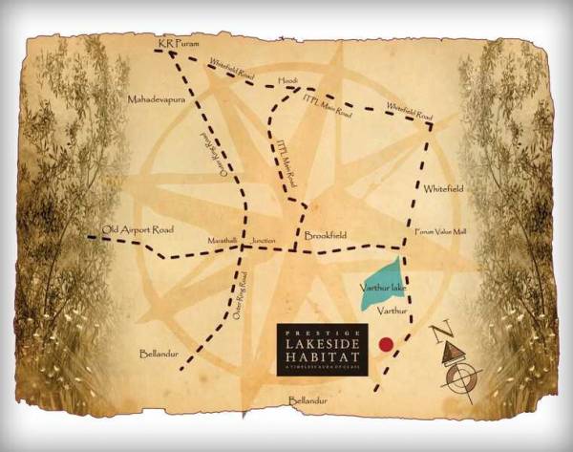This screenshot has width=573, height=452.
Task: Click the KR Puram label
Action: coord(174,43)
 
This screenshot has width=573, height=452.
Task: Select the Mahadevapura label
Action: coord(155,98)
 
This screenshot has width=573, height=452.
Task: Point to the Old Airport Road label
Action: coord(134,229)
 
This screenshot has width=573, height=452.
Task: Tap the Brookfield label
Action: coord(326,234)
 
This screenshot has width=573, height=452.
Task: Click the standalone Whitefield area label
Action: coord(442,188)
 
